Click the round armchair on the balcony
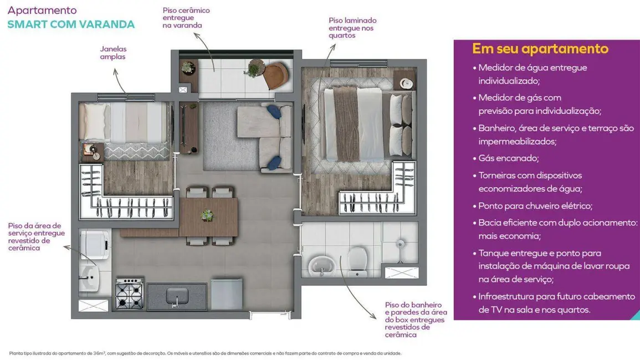coord(275,75)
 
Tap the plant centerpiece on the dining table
coord(207,215)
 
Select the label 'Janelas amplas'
coord(113,53)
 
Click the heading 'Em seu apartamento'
coord(540,49)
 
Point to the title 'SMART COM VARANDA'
coord(71,24)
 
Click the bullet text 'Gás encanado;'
coord(508,158)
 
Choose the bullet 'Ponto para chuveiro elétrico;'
coord(535,205)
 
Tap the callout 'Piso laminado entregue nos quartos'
coord(352,28)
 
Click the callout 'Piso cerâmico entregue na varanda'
coord(186,18)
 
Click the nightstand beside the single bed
coord(90,151)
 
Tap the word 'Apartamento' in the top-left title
coord(42,11)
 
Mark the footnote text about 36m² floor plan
coord(205,353)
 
